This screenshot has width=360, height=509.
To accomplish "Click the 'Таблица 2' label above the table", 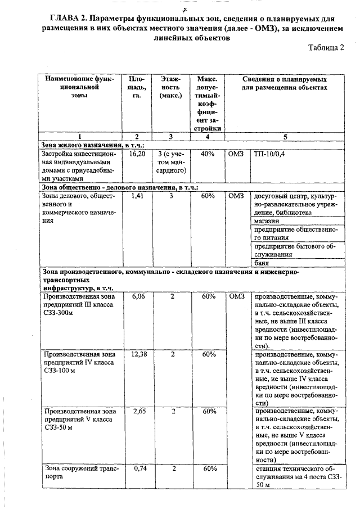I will point(326,49).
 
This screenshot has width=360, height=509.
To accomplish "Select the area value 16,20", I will point(138,153).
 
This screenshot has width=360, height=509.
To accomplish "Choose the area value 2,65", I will point(138,412).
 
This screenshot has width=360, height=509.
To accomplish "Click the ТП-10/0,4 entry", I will point(269,153).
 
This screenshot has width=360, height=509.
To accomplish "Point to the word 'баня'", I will point(262,263).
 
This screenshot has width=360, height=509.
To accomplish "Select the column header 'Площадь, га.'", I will point(137,88).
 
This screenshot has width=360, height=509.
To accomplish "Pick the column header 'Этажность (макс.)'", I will point(170,88).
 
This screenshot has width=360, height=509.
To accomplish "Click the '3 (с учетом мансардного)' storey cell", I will point(171,161).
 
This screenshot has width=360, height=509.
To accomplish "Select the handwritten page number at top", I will point(184,6).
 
